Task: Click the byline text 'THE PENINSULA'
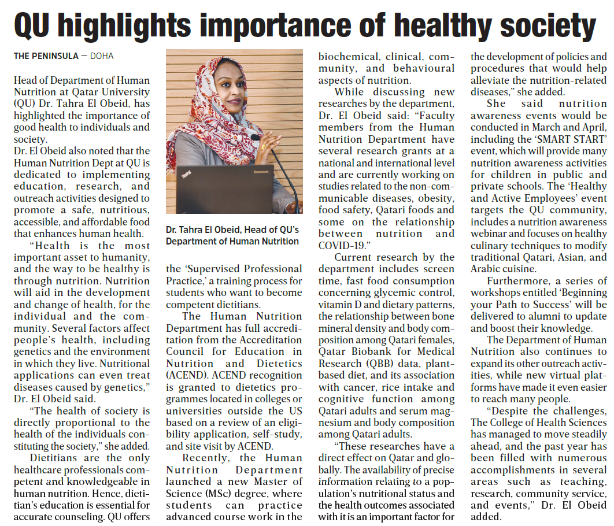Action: [46, 56]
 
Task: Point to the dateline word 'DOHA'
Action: [102, 56]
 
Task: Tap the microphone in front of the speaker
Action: [256, 138]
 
